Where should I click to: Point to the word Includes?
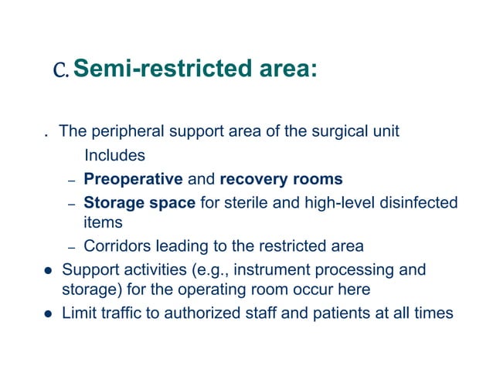tap(114, 155)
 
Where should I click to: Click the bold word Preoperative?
tap(133, 180)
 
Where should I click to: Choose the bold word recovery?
tap(250, 180)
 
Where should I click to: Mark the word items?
tap(103, 222)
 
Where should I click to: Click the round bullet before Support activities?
tap(47, 271)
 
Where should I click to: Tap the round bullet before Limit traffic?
tap(47, 313)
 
